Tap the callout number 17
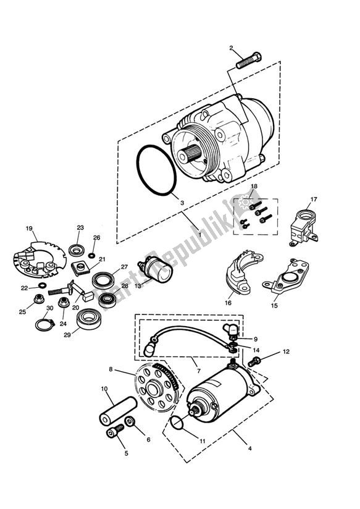coord(314,199)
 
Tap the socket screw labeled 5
coord(114,434)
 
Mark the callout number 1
coord(199,234)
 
